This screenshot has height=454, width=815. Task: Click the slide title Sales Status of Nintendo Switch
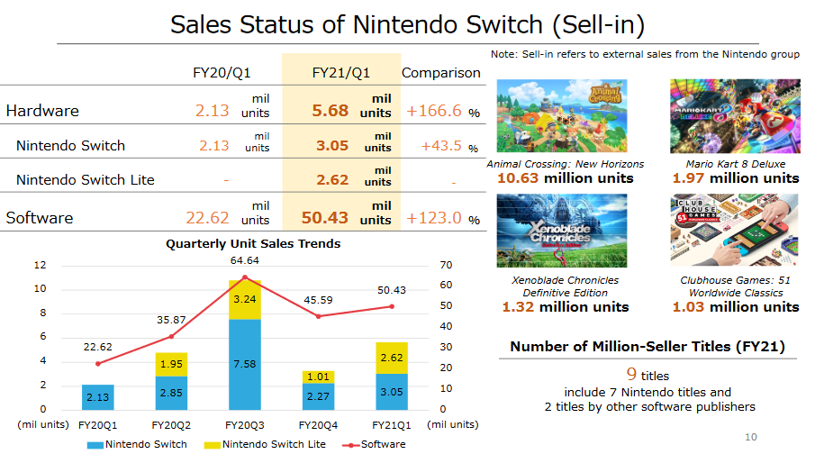point(407,24)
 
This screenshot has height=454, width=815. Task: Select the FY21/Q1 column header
point(340,72)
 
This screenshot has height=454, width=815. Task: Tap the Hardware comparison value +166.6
point(434,112)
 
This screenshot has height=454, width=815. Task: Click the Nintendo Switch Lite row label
point(86,179)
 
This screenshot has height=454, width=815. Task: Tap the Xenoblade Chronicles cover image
point(562,231)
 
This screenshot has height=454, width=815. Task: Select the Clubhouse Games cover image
point(735,231)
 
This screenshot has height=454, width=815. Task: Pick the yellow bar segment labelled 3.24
point(245,299)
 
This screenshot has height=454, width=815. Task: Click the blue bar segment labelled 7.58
point(245,364)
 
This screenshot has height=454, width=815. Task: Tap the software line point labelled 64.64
point(245,277)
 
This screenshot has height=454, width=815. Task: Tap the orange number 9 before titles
point(632,374)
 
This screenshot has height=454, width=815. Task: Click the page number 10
point(752,438)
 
